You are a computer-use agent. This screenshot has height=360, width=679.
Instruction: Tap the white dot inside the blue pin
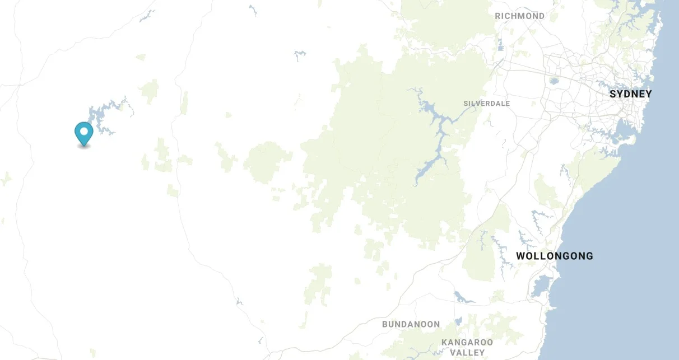point(84,132)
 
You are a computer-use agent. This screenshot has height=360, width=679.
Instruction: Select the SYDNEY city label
point(630,94)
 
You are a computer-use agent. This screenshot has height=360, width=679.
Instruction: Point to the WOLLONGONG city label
point(554,256)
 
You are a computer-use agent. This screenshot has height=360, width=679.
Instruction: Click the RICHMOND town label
point(519,16)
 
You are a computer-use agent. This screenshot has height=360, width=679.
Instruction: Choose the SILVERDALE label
point(486,104)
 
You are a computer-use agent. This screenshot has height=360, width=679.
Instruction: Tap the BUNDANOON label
point(411,324)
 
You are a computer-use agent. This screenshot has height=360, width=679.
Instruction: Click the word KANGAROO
point(467,342)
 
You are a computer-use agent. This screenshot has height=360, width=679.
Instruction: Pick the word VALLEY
point(467,353)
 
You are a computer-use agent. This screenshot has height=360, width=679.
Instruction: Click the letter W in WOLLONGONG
point(520,256)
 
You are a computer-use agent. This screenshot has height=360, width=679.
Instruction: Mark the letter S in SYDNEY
point(613,94)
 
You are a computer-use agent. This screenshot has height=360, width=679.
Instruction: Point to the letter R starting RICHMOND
point(497,16)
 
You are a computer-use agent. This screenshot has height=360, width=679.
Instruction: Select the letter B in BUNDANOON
point(385,324)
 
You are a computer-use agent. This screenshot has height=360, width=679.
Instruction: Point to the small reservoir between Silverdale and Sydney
point(554,81)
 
